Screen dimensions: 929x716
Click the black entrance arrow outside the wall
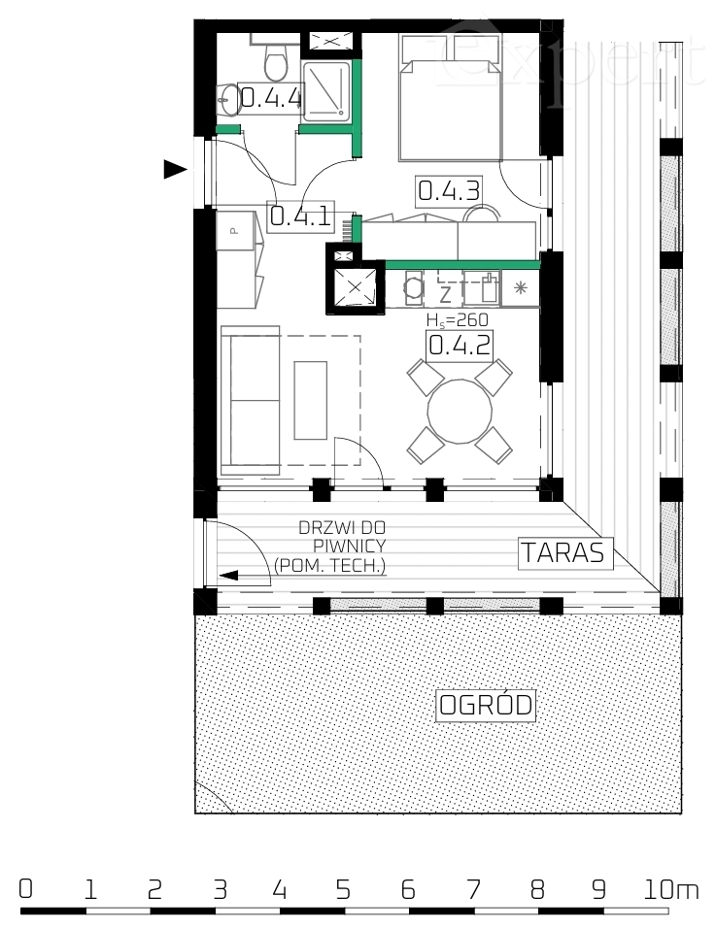175,170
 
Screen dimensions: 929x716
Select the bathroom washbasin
228,97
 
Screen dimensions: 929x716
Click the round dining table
460,411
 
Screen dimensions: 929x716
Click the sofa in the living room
250,398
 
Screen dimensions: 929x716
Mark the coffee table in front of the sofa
312,401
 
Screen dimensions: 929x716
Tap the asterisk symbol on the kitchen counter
520,287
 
